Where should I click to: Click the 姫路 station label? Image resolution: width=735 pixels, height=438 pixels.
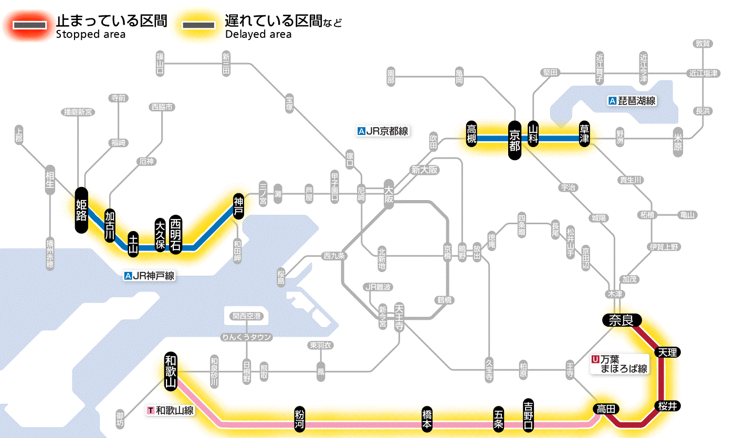[x=81, y=210]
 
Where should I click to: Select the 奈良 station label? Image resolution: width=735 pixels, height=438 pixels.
[x=621, y=320]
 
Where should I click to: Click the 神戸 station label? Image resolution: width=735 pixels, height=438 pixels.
[x=239, y=206]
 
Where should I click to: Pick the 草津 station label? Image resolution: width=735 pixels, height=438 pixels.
[x=584, y=135]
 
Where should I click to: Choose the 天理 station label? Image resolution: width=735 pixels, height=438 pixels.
[x=667, y=352]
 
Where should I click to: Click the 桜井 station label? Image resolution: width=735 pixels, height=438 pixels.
[x=668, y=406]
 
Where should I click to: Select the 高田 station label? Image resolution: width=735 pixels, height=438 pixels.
[x=606, y=409]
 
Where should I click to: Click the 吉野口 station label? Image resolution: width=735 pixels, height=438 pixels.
[x=528, y=414]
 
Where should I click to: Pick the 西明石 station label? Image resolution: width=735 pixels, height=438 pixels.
[x=175, y=233]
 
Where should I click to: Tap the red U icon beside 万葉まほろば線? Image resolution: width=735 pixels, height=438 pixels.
[x=595, y=360]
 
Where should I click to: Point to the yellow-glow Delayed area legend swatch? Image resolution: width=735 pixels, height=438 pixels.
[x=198, y=25]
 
